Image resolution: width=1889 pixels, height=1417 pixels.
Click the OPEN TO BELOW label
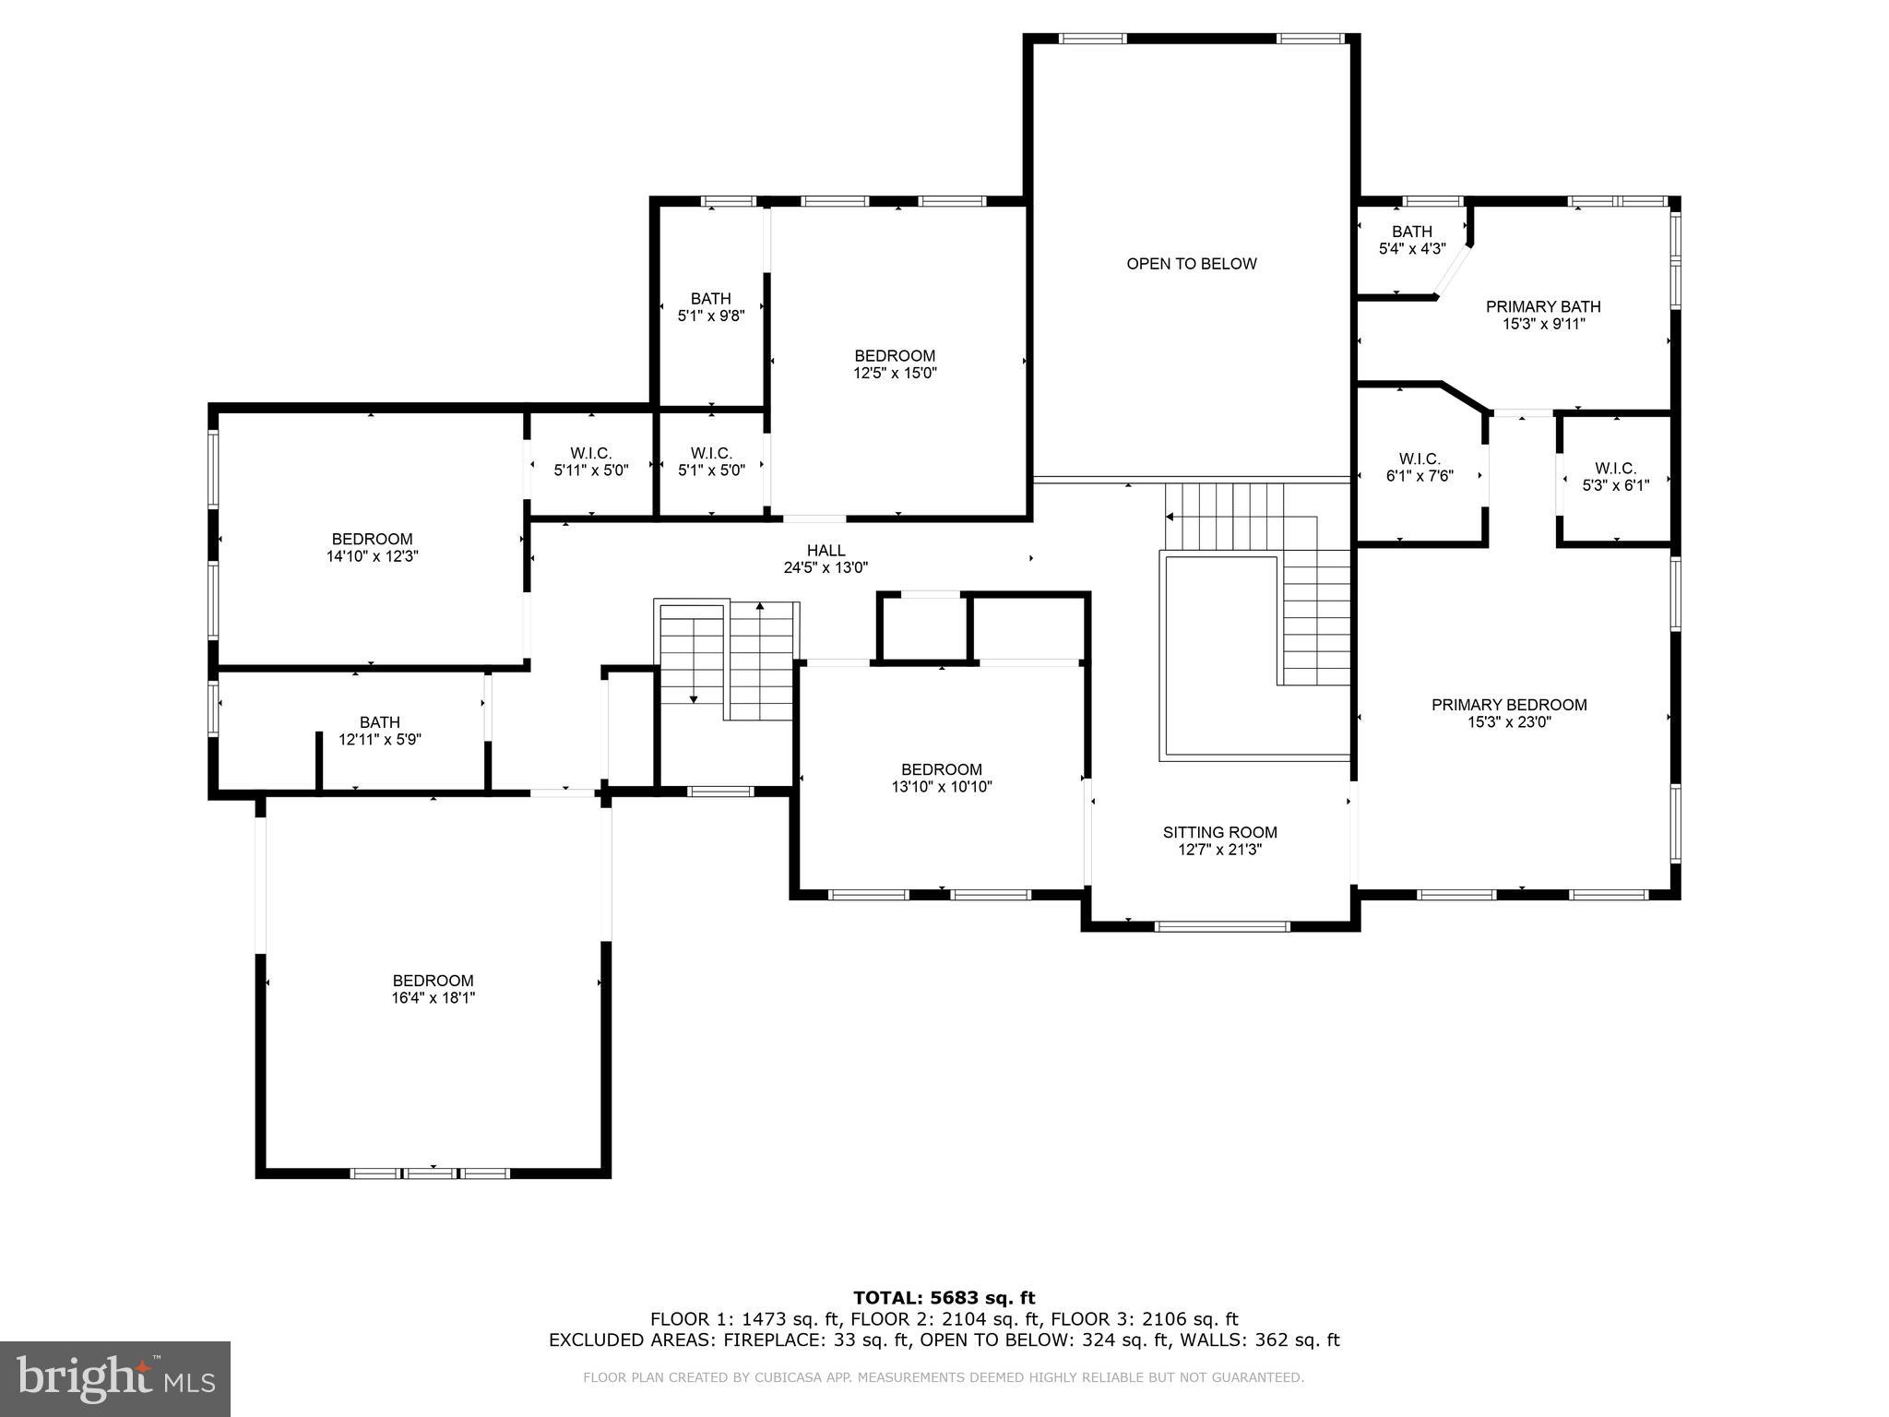1191,264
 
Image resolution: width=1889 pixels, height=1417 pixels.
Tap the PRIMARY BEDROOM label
1509,705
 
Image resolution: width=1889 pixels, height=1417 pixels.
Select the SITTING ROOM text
1219,832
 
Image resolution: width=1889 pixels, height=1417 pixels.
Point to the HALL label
826,551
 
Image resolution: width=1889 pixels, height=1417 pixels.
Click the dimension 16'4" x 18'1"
433,998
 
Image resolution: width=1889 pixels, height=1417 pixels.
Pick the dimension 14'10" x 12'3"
373,556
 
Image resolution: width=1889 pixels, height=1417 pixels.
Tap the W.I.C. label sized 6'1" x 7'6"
1420,459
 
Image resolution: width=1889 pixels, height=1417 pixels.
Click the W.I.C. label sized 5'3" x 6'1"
1615,469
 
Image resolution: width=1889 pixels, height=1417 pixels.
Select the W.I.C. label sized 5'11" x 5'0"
590,453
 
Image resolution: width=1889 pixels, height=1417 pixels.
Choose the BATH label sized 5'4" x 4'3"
1412,232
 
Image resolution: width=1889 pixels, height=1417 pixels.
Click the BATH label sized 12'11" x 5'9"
380,722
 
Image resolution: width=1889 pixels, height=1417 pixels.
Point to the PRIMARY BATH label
1543,306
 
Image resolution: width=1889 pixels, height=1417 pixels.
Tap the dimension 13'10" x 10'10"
941,787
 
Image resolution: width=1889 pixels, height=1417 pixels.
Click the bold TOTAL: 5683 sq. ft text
944,1299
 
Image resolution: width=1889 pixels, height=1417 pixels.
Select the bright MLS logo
114,1379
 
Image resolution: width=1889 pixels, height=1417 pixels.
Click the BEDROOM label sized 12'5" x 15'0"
894,356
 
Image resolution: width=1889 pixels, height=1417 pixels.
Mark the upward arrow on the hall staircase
760,608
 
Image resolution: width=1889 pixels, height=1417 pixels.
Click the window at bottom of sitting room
1221,926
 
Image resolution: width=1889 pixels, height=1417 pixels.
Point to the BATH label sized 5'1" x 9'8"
710,298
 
